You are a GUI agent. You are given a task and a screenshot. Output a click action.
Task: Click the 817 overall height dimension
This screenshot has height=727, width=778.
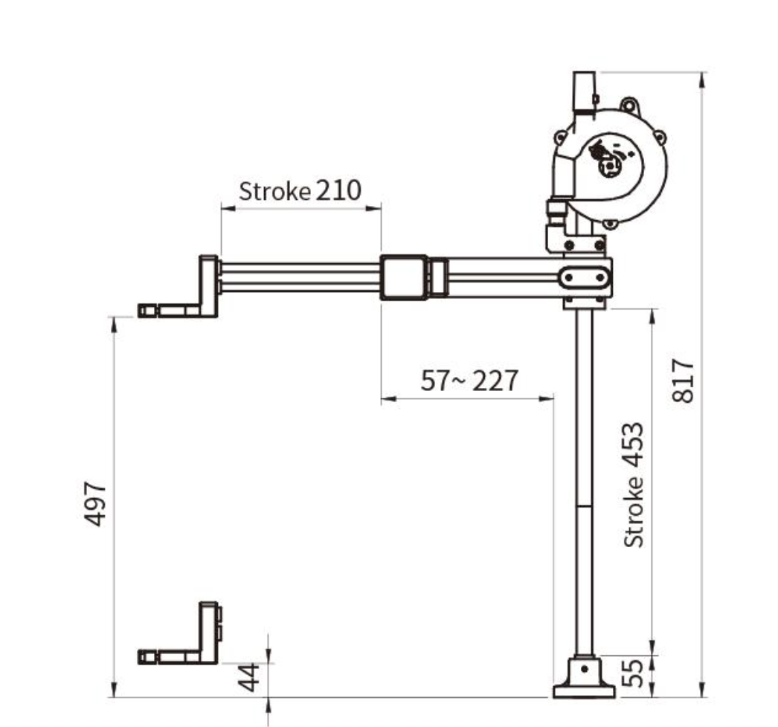[683, 381]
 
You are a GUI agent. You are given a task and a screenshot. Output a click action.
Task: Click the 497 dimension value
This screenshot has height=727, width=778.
[94, 503]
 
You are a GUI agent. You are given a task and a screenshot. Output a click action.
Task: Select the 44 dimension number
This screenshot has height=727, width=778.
[248, 677]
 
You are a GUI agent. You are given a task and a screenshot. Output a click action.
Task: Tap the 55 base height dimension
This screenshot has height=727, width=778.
[633, 673]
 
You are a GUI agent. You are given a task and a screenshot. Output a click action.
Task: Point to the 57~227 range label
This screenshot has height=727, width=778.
[469, 381]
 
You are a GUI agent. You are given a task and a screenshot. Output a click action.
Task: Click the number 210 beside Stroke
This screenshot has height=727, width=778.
[338, 190]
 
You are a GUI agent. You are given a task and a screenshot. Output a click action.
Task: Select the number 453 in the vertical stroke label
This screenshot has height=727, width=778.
[633, 445]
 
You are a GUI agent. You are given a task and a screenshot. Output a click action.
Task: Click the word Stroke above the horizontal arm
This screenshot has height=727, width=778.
[275, 191]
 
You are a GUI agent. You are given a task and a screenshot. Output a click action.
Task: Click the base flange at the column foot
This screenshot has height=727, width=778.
[584, 691]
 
